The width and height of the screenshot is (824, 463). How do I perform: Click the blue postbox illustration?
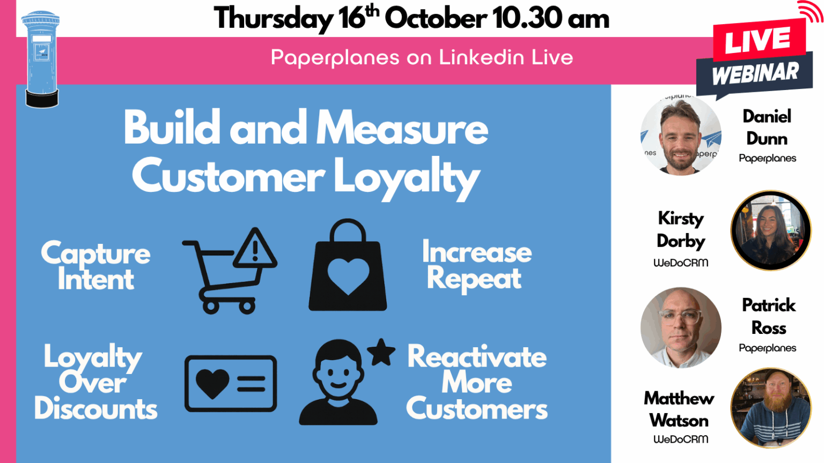41,59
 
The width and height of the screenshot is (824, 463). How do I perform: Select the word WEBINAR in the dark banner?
755,73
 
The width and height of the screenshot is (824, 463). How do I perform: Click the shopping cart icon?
220,279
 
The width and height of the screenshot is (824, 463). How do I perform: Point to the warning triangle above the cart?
255,249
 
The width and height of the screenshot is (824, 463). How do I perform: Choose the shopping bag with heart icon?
348,268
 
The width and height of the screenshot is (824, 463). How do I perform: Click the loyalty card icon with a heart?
231,383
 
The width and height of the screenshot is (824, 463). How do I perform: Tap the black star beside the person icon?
381,353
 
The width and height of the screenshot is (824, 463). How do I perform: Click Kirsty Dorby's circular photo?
770,230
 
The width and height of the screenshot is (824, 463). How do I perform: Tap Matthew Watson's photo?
770,407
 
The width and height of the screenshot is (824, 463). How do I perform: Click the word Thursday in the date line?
273,19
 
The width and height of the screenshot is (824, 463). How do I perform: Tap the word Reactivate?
477,357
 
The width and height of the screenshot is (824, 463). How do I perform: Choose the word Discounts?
96,409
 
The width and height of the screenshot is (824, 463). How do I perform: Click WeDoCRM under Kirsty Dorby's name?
680,263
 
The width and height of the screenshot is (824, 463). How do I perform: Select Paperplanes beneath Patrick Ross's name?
767,348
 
